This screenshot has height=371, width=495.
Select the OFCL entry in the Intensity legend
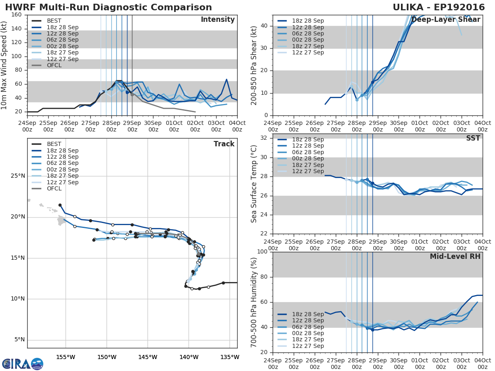(x=54, y=65)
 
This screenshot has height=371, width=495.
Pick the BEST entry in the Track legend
(x=54, y=144)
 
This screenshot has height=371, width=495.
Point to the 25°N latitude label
(x=18, y=176)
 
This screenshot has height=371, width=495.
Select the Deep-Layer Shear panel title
(x=445, y=20)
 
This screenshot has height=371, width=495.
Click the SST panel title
(x=473, y=139)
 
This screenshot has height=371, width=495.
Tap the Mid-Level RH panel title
(x=455, y=256)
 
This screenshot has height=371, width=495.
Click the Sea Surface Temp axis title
(x=254, y=184)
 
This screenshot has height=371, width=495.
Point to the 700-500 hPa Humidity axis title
(x=254, y=302)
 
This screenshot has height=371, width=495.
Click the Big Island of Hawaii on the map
(x=62, y=221)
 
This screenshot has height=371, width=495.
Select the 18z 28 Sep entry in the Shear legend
(x=307, y=21)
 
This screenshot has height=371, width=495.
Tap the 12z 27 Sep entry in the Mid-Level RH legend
(x=307, y=346)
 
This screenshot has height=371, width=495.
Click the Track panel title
(x=224, y=144)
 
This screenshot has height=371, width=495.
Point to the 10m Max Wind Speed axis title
(x=4, y=63)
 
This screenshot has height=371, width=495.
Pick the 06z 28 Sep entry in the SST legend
(x=307, y=152)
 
